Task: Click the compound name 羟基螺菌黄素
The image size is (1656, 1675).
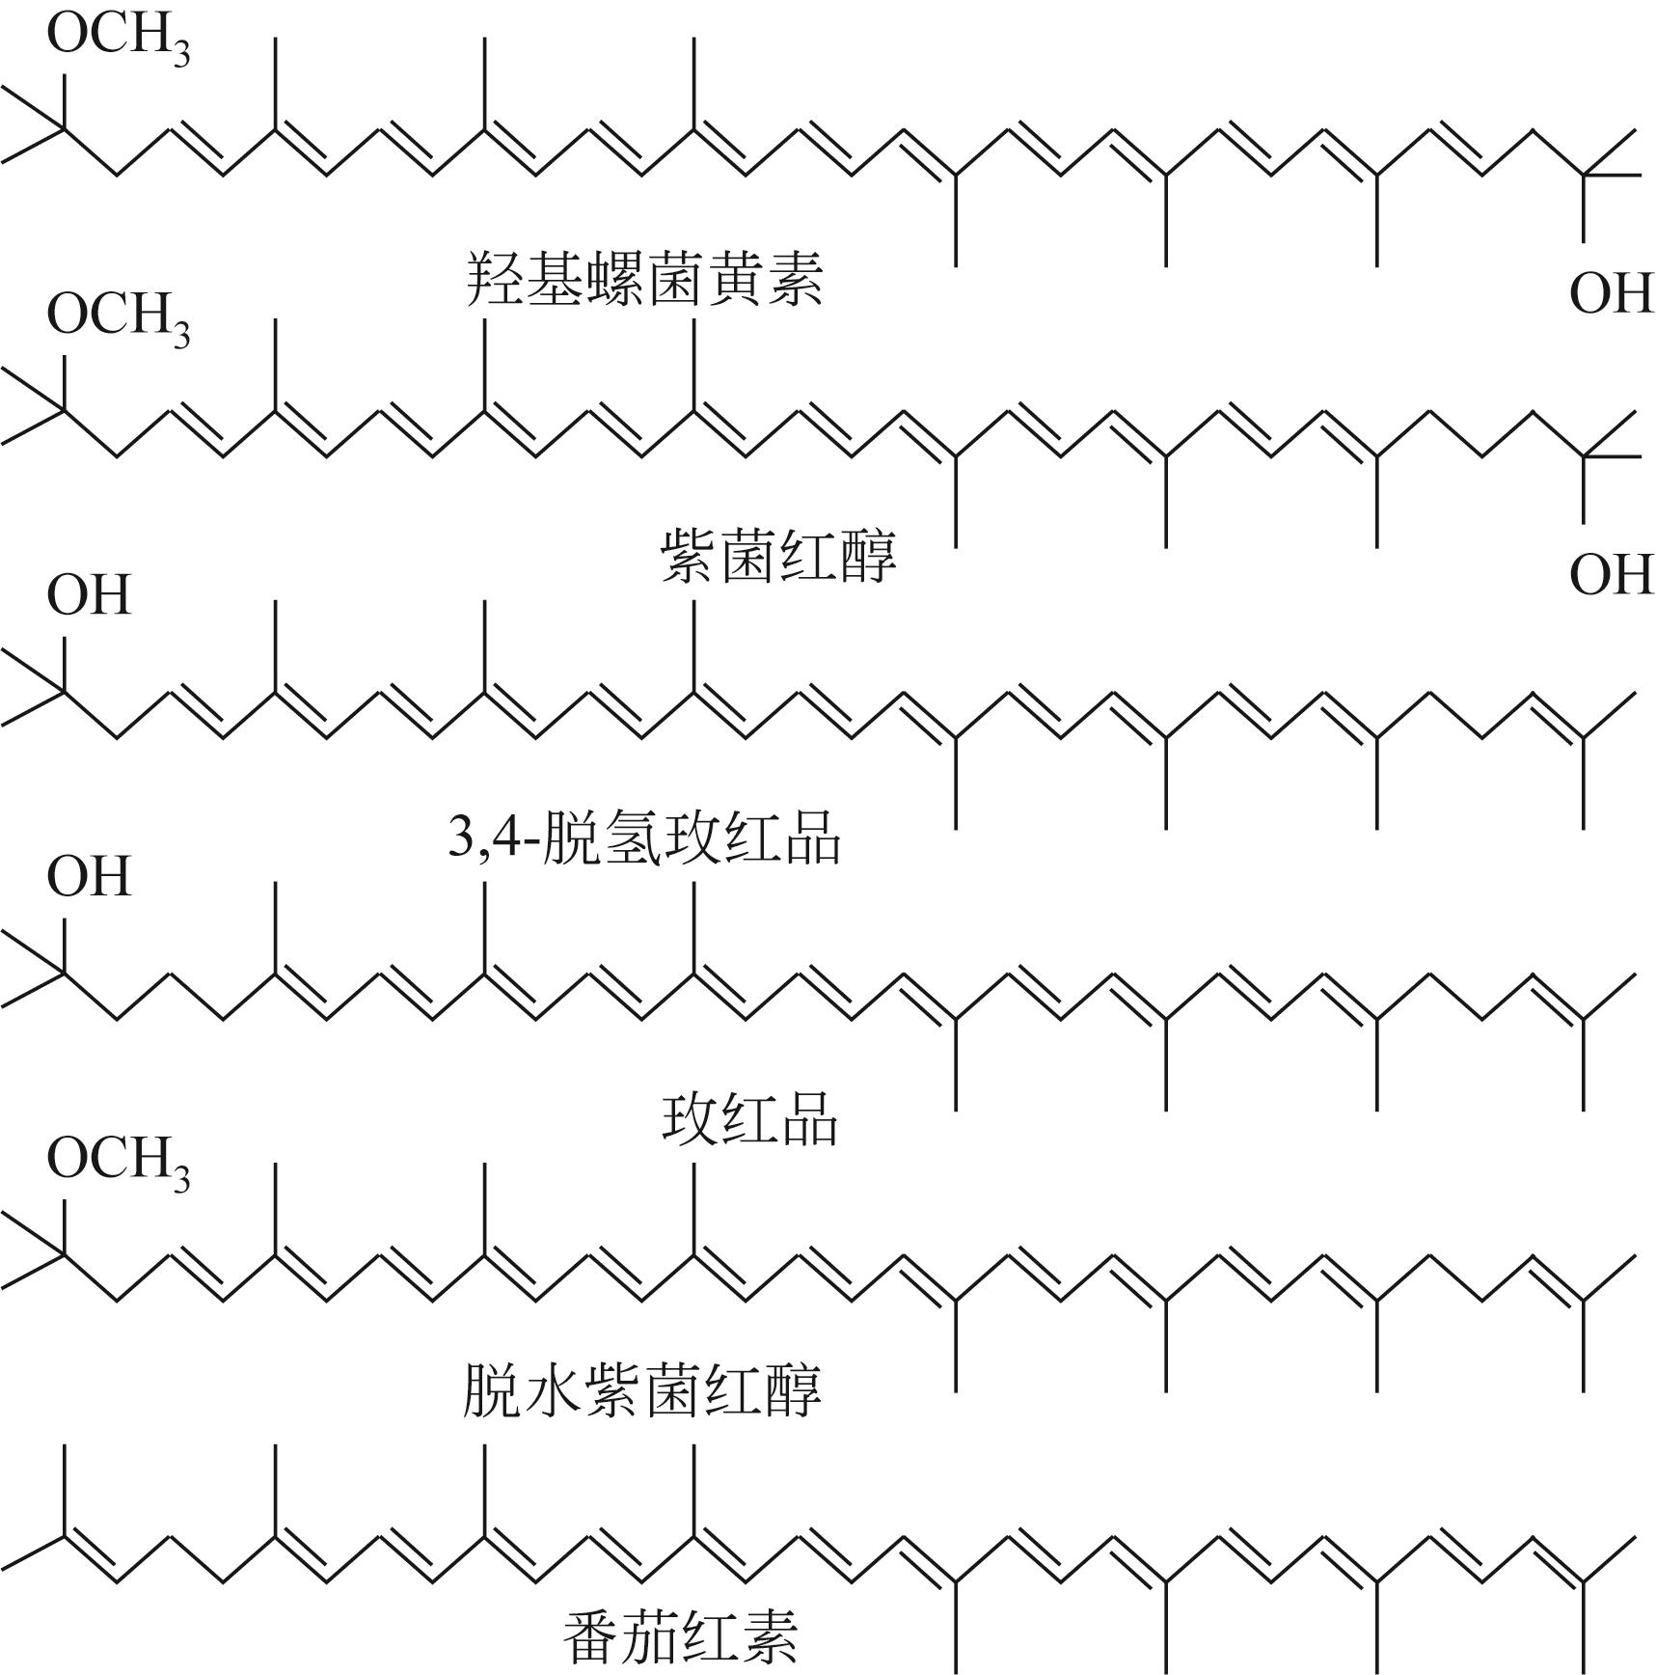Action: coord(643,279)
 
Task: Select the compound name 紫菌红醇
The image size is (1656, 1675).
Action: coord(778,557)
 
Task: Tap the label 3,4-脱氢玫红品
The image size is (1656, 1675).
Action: coord(644,837)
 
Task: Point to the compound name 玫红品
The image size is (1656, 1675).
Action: coord(749,1119)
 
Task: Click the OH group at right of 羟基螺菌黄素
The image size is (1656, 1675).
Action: coord(1611,293)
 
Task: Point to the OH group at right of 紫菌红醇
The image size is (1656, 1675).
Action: coord(1611,575)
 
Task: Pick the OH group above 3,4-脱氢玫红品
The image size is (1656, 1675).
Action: coord(88,594)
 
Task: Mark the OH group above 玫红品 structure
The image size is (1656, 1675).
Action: coord(88,876)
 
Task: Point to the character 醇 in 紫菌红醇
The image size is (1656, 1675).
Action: coord(868,557)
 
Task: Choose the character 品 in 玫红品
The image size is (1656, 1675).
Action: coord(809,1119)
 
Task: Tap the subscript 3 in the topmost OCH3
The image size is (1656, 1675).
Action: coord(180,54)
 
